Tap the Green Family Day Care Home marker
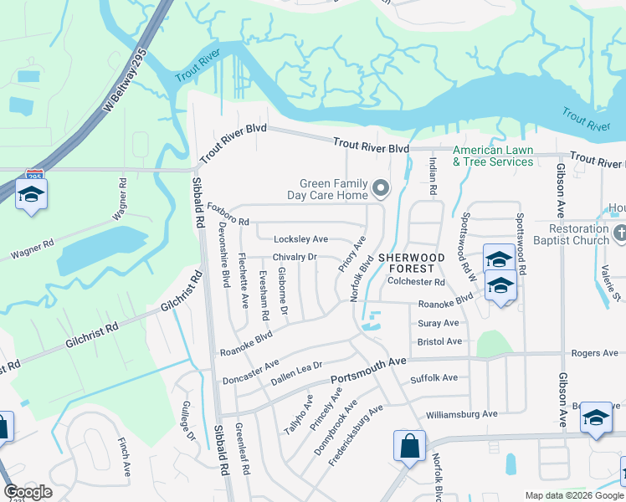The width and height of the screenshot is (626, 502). click(x=382, y=188)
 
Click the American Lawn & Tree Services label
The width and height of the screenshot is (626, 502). click(x=493, y=156)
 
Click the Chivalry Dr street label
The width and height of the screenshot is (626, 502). click(x=294, y=257)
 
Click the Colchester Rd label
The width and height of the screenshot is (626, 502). click(x=416, y=282)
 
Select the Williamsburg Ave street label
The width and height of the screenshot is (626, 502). click(x=461, y=413)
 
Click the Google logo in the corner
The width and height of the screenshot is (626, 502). click(x=28, y=492)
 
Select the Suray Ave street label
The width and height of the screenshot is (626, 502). click(x=439, y=323)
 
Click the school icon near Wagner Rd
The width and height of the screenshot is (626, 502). click(x=32, y=193)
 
